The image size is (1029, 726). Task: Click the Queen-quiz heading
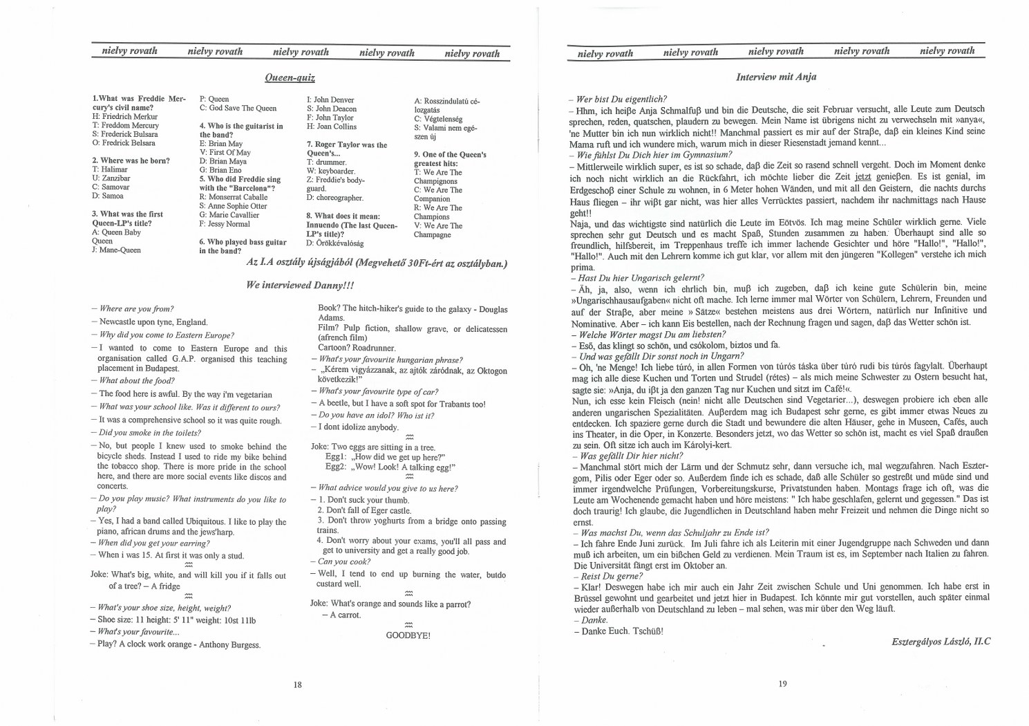[x=290, y=78]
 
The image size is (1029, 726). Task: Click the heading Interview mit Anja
[x=776, y=77]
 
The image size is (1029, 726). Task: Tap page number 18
[x=297, y=685]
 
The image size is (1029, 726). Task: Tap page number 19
[x=782, y=684]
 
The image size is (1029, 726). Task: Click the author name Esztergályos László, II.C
[x=941, y=642]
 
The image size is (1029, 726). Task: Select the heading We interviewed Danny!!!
[x=300, y=285]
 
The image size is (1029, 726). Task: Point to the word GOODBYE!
[x=408, y=635]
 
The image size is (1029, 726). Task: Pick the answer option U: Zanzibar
[x=111, y=178]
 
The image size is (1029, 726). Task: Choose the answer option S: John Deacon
[x=331, y=109]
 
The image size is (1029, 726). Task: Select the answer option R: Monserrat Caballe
[x=233, y=197]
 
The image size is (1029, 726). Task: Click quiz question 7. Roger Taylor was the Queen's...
[x=346, y=149]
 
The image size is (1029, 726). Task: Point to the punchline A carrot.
[x=345, y=615]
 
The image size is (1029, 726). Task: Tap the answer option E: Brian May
[x=220, y=144]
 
